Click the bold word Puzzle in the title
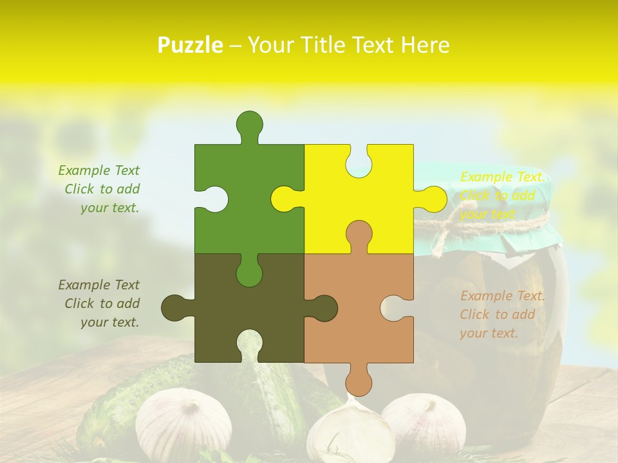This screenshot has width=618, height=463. [x=191, y=45]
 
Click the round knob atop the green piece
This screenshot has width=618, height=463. [x=250, y=123]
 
